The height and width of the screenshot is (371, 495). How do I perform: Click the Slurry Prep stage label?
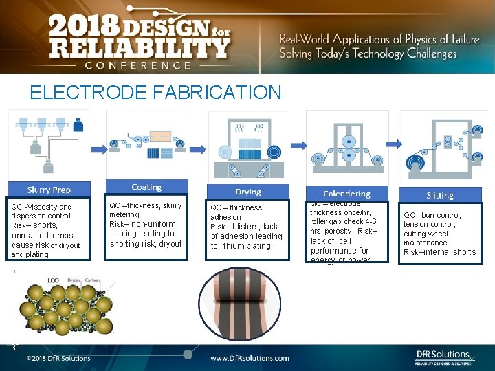49,190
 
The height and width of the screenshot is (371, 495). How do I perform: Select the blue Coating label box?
146,187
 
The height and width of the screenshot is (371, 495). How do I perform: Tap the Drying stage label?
248,192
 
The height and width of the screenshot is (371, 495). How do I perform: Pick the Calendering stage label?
346,194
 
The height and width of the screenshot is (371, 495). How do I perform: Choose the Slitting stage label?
440,195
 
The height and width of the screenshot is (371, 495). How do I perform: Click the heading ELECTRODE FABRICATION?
155,92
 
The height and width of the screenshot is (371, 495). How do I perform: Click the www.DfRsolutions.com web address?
250,358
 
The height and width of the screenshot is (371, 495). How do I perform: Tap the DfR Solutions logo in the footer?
444,356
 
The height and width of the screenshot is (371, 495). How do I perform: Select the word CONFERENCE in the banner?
137,65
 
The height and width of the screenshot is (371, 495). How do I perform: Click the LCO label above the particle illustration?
53,280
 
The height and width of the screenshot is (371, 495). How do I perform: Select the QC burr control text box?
440,234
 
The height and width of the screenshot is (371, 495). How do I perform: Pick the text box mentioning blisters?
247,227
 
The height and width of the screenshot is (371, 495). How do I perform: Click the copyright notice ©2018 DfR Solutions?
58,358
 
